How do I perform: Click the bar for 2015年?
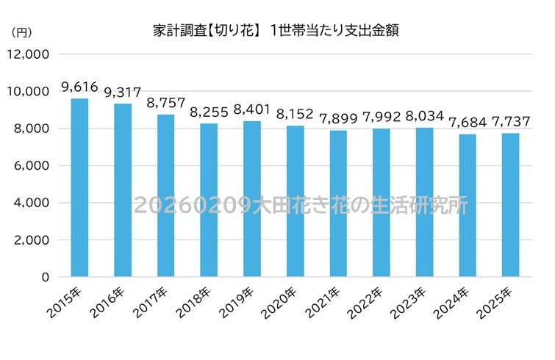pyautogui.click(x=79, y=188)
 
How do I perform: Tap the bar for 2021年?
pyautogui.click(x=339, y=204)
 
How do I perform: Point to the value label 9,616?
pyautogui.click(x=79, y=87)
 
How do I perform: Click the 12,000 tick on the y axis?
pyautogui.click(x=29, y=54)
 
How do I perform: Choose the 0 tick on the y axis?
pyautogui.click(x=46, y=278)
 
